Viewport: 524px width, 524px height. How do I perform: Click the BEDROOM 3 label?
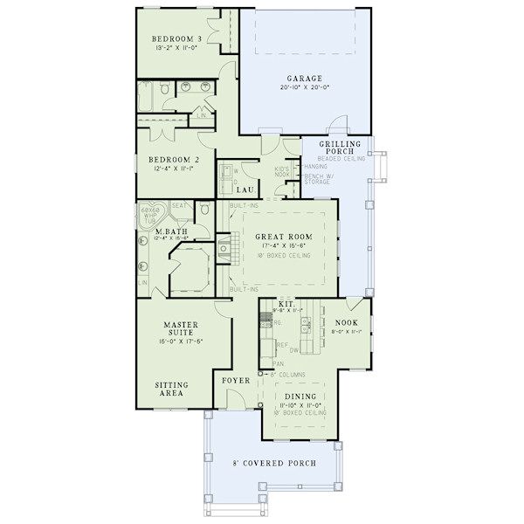point(177,39)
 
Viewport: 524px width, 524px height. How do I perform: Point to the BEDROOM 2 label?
point(174,160)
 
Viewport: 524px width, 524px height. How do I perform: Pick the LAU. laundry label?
point(246,189)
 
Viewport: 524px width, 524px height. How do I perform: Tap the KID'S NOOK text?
point(281,173)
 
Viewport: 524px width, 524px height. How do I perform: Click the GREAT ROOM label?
point(283,237)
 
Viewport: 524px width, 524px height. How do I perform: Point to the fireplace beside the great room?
point(224,248)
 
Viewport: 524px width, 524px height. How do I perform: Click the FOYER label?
point(237,381)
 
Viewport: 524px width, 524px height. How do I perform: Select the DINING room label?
point(300,396)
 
